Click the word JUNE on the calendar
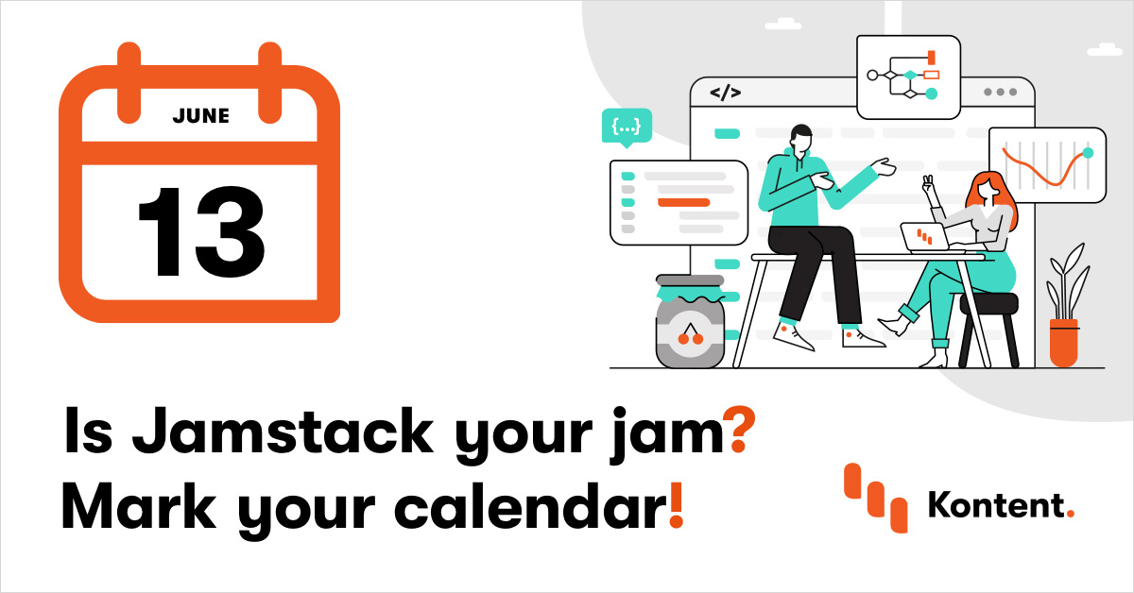pyautogui.click(x=200, y=116)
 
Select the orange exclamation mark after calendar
pyautogui.click(x=675, y=507)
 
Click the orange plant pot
pyautogui.click(x=1063, y=342)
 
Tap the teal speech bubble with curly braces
pyautogui.click(x=627, y=127)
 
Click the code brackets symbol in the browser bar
pyautogui.click(x=725, y=93)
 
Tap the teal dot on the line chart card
pyautogui.click(x=1087, y=153)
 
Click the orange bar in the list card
pyautogui.click(x=683, y=202)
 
